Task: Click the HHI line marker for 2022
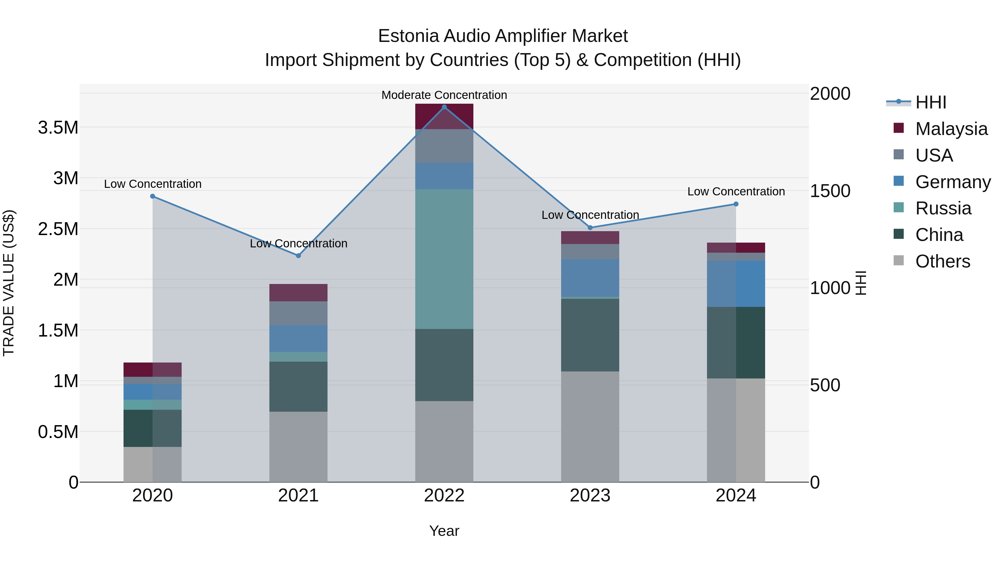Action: coord(444,107)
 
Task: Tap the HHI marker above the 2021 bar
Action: coord(298,256)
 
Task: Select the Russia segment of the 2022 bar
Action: coord(444,259)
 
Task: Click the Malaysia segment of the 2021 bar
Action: coord(298,293)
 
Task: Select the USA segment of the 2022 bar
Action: coord(444,146)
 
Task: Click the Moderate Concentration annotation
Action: coord(444,95)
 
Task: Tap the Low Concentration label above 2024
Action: coord(736,191)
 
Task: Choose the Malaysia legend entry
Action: coord(951,129)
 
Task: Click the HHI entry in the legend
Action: coord(931,102)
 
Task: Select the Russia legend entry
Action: coord(943,208)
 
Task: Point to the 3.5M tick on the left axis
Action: coord(58,128)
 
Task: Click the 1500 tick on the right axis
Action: coord(830,191)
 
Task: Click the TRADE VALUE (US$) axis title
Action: coord(9,283)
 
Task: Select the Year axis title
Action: coord(444,531)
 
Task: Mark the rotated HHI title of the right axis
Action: coord(861,283)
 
